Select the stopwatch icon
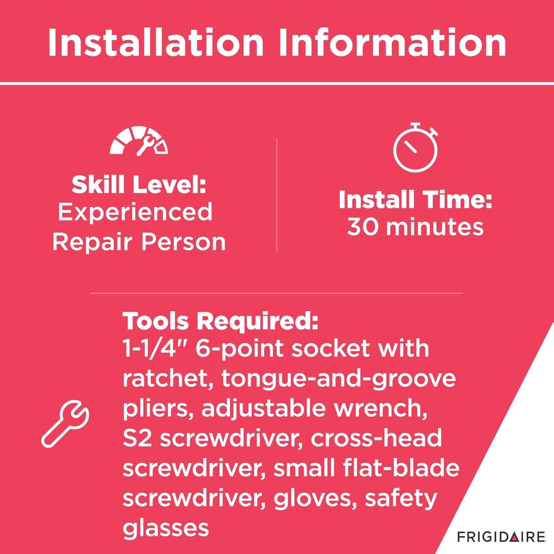point(415,147)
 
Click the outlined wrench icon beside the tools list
point(65,424)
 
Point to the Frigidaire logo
point(501,537)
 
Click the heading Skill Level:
point(139,184)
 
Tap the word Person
point(184,242)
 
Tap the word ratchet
point(168,379)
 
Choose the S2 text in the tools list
point(137,438)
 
